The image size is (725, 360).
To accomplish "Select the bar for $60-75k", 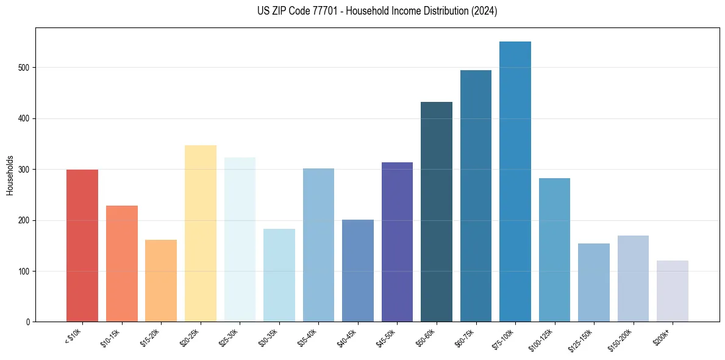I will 476,196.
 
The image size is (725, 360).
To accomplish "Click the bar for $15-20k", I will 160,281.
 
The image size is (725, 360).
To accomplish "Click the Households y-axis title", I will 10,175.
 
